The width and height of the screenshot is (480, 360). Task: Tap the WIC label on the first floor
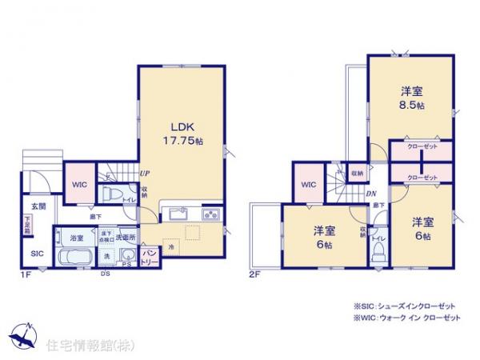pyautogui.click(x=78, y=184)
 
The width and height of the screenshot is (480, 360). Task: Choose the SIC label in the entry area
pyautogui.click(x=37, y=253)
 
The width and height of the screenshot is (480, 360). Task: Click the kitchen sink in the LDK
pyautogui.click(x=177, y=214)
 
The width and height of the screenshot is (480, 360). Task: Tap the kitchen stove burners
pyautogui.click(x=212, y=214)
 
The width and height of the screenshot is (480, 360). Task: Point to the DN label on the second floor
pyautogui.click(x=371, y=193)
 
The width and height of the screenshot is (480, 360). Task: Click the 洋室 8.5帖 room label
pyautogui.click(x=411, y=96)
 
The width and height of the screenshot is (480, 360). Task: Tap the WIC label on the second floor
pyautogui.click(x=309, y=185)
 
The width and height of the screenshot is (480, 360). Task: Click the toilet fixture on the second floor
pyautogui.click(x=378, y=250)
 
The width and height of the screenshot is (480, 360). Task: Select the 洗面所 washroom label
pyautogui.click(x=126, y=238)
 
